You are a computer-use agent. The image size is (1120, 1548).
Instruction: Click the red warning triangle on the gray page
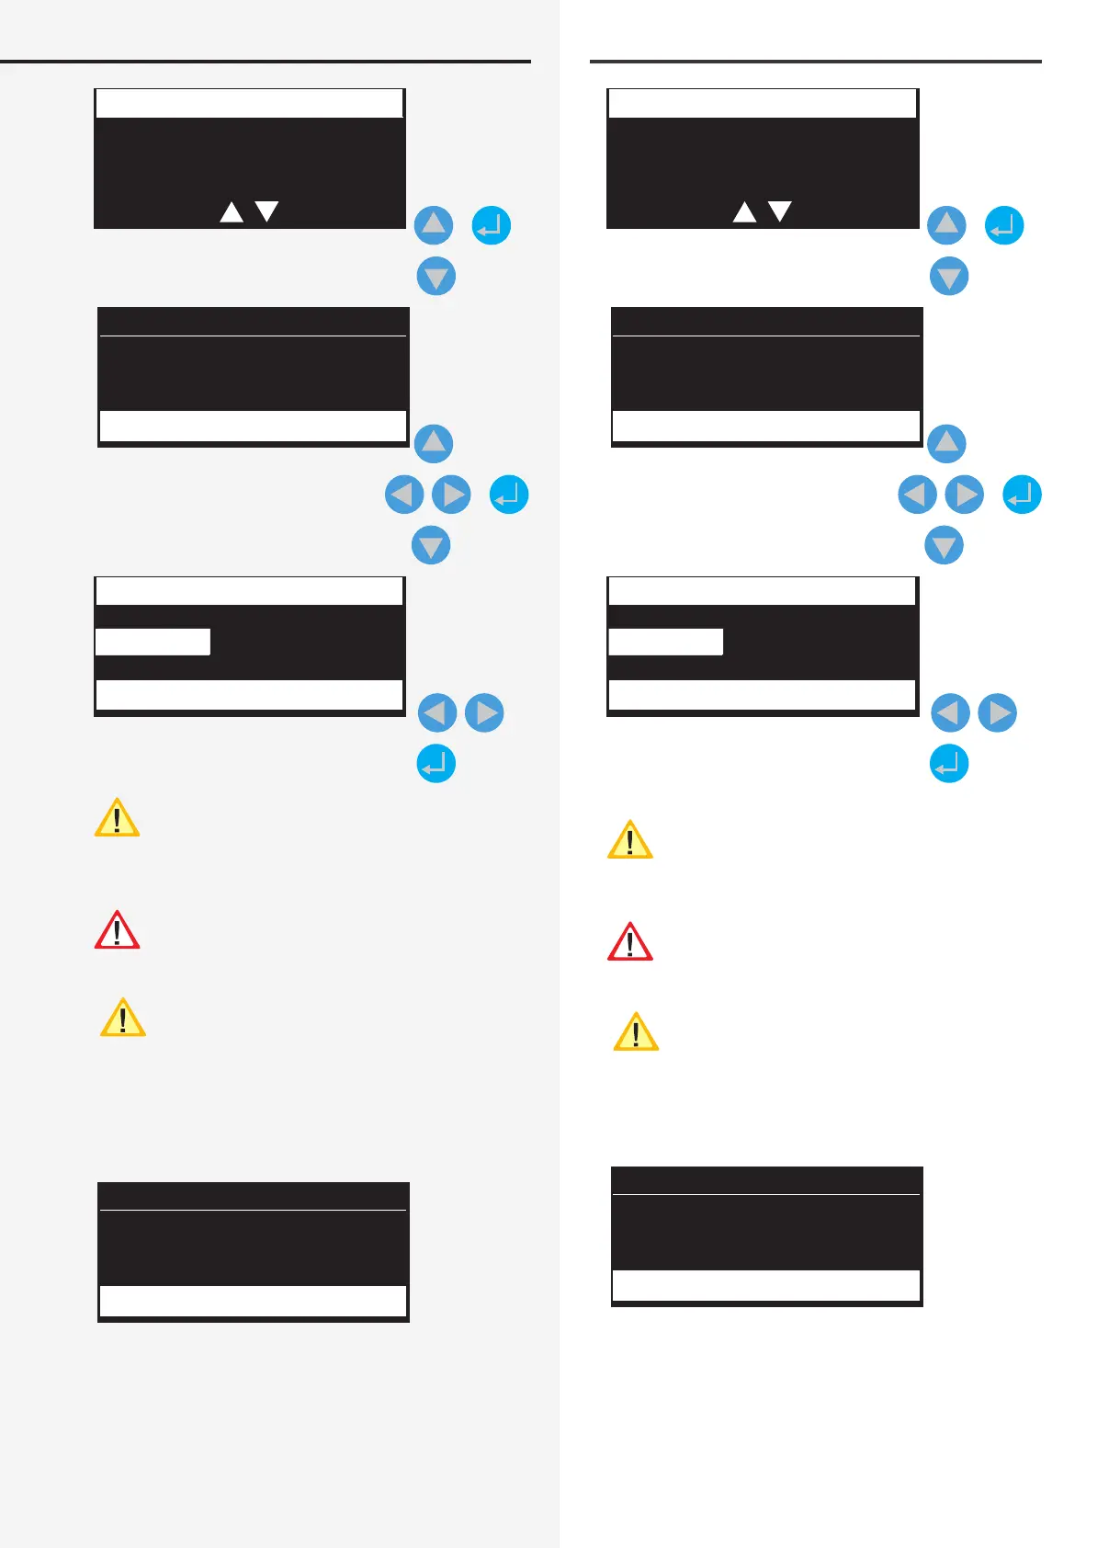[x=117, y=931]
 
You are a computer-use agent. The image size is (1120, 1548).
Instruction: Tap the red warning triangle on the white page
[x=629, y=943]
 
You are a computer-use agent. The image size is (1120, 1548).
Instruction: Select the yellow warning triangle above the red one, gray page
[x=117, y=818]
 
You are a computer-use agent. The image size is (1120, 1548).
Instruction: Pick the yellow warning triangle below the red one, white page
[x=636, y=1033]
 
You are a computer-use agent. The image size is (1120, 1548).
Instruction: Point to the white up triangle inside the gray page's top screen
[x=232, y=213]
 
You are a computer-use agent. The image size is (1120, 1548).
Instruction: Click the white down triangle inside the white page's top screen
[x=779, y=211]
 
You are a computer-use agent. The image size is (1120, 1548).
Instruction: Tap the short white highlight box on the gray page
[x=153, y=642]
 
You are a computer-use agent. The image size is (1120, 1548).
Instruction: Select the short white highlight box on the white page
[x=665, y=642]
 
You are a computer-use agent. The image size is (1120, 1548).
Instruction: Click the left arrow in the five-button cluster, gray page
[x=404, y=495]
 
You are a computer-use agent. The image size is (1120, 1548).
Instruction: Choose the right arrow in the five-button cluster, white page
[x=965, y=495]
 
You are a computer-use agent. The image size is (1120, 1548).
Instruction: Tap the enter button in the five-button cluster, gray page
[x=509, y=495]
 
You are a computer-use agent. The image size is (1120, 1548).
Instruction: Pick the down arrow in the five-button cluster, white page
[x=944, y=546]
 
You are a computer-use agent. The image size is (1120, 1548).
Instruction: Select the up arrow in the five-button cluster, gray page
[x=434, y=443]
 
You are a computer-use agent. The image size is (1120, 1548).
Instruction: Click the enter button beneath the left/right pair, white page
[x=949, y=763]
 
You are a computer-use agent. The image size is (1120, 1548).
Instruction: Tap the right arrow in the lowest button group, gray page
[x=484, y=712]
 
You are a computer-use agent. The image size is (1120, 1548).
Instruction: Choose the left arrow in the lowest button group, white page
[x=950, y=712]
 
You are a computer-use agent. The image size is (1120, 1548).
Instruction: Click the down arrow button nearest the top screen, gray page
[x=436, y=276]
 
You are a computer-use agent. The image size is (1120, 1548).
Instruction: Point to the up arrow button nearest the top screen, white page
[x=946, y=225]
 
